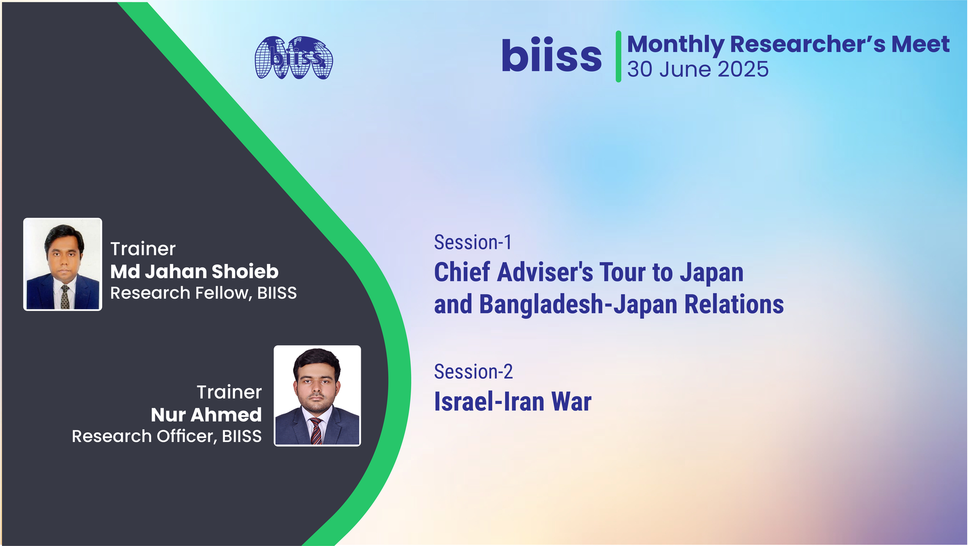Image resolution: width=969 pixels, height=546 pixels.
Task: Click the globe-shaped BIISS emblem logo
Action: point(294,58)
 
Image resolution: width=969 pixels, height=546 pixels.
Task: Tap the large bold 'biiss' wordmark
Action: point(551,55)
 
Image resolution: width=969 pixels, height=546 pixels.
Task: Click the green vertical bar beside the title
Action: point(618,56)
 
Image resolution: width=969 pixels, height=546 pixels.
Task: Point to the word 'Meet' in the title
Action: point(921,44)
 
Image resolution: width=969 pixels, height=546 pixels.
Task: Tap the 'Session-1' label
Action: point(472,242)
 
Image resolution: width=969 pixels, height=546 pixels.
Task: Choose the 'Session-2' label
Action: point(473,372)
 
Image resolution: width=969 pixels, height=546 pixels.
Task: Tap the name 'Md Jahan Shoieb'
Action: point(194,272)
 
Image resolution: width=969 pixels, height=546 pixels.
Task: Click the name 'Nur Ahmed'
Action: point(206,415)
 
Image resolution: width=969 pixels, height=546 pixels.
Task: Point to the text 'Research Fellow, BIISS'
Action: point(204,293)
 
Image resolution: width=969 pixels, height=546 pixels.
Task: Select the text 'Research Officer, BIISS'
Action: point(167,436)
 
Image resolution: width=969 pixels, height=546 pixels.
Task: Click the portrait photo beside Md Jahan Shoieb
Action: point(63,264)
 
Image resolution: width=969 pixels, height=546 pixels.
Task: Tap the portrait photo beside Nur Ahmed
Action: point(317,396)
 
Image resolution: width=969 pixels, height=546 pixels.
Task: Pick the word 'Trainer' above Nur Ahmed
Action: point(229,392)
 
